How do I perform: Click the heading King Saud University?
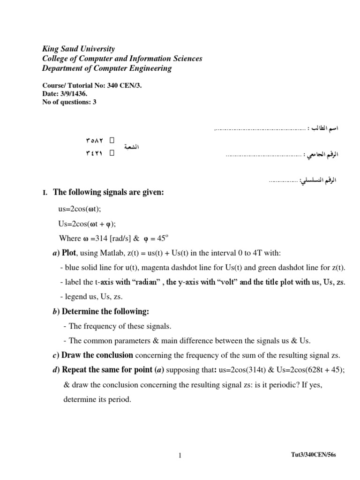click(x=79, y=49)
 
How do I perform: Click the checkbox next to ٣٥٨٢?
click(x=112, y=140)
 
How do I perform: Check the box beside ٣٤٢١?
click(x=112, y=152)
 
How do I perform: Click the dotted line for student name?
click(x=259, y=128)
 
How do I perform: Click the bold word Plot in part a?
click(x=69, y=253)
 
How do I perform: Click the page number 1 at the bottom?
click(x=180, y=455)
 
